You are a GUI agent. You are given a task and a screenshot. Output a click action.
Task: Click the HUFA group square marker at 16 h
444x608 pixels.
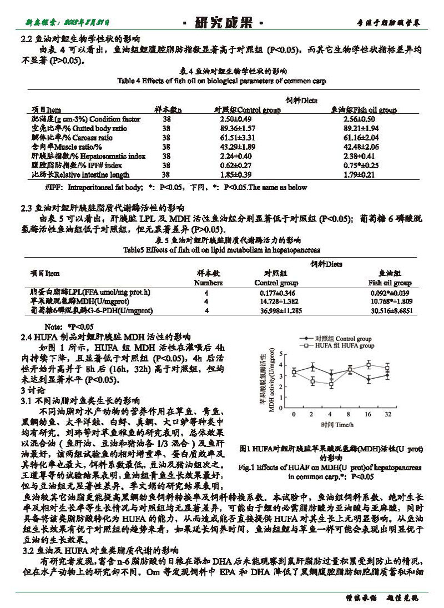point(369,365)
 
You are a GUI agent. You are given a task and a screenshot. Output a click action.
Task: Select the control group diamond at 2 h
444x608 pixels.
point(312,366)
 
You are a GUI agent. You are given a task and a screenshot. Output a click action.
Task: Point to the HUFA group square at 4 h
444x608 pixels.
point(331,384)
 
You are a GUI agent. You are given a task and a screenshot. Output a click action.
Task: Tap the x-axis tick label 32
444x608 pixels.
point(388,415)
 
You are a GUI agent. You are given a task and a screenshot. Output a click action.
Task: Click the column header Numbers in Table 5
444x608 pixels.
point(208,283)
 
